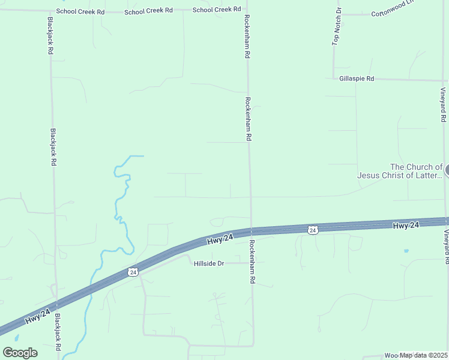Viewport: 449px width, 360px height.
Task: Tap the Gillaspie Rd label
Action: (357, 79)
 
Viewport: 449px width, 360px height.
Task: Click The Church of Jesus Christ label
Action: (400, 171)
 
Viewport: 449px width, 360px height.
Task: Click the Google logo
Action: (20, 353)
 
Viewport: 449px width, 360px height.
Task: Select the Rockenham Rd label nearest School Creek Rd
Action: (247, 37)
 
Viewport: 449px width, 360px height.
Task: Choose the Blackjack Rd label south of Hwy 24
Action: (58, 332)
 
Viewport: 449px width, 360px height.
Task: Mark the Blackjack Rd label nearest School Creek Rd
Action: (50, 36)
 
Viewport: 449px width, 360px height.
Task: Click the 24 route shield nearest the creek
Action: (133, 272)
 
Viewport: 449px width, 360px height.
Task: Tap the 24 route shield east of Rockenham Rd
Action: (312, 230)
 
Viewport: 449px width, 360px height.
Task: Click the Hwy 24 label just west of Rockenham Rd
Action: (220, 239)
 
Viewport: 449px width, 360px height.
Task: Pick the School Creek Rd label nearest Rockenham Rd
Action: (217, 10)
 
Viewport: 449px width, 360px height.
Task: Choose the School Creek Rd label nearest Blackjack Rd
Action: (80, 11)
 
